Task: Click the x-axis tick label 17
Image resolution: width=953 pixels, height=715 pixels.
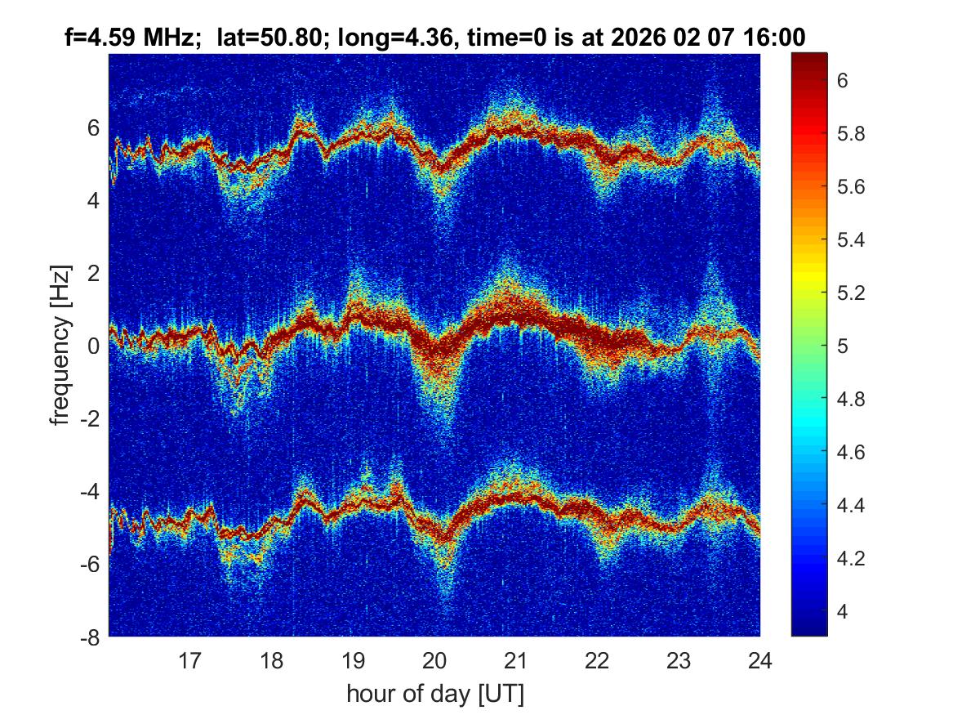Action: pos(190,660)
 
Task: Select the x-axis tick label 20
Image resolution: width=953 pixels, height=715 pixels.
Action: pos(434,660)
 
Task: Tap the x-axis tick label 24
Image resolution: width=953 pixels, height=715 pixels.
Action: pos(759,660)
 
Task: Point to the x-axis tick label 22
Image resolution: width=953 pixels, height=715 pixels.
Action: pos(597,660)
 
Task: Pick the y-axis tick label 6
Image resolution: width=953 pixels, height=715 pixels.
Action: pos(94,127)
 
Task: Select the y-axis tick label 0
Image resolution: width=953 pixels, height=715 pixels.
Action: pos(94,346)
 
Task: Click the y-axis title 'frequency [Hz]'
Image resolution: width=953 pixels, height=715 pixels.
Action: pos(59,345)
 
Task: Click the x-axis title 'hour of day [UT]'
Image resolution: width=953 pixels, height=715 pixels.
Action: pos(434,694)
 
